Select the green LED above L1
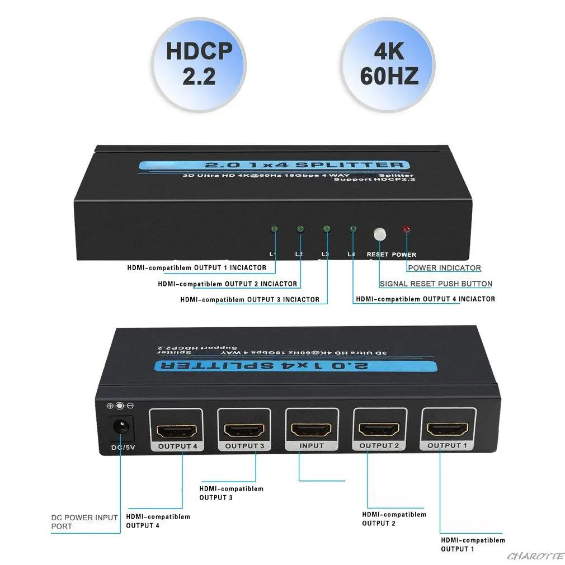coord(274,229)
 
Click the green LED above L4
coord(353,229)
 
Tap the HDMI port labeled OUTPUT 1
coord(449,430)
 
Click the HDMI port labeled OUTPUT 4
coord(176,431)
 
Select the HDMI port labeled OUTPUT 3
coord(243,430)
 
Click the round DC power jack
coord(120,428)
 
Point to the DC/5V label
coord(120,447)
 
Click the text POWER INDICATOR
coord(444,268)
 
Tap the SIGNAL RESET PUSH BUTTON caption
coord(436,284)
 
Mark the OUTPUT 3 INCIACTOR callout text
coord(249,299)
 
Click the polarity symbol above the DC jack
coord(120,406)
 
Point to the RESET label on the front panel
coord(378,255)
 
